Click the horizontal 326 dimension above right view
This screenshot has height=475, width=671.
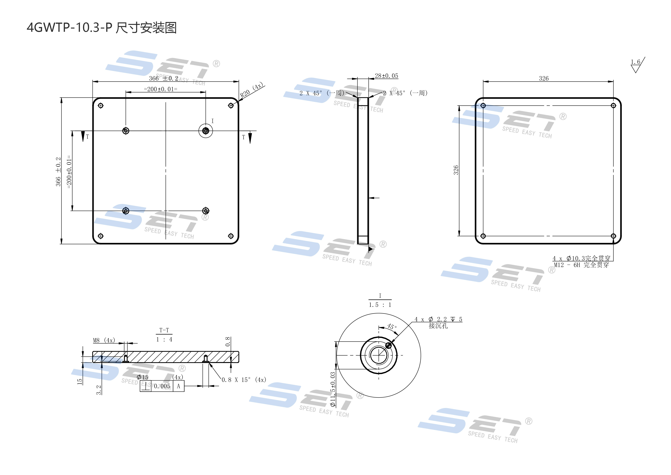point(544,78)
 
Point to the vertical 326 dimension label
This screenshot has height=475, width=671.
point(456,170)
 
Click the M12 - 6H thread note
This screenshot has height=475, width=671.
point(581,265)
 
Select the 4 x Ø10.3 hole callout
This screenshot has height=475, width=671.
point(581,258)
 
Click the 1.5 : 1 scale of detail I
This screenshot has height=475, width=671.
point(380,305)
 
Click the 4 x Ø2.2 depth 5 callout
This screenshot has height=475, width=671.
point(438,319)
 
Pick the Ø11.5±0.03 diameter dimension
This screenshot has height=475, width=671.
point(333,389)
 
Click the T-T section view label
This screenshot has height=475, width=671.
point(164,330)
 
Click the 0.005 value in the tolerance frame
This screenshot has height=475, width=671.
point(162,386)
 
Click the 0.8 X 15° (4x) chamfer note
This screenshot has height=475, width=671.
point(244,380)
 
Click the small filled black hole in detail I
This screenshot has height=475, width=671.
point(388,345)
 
